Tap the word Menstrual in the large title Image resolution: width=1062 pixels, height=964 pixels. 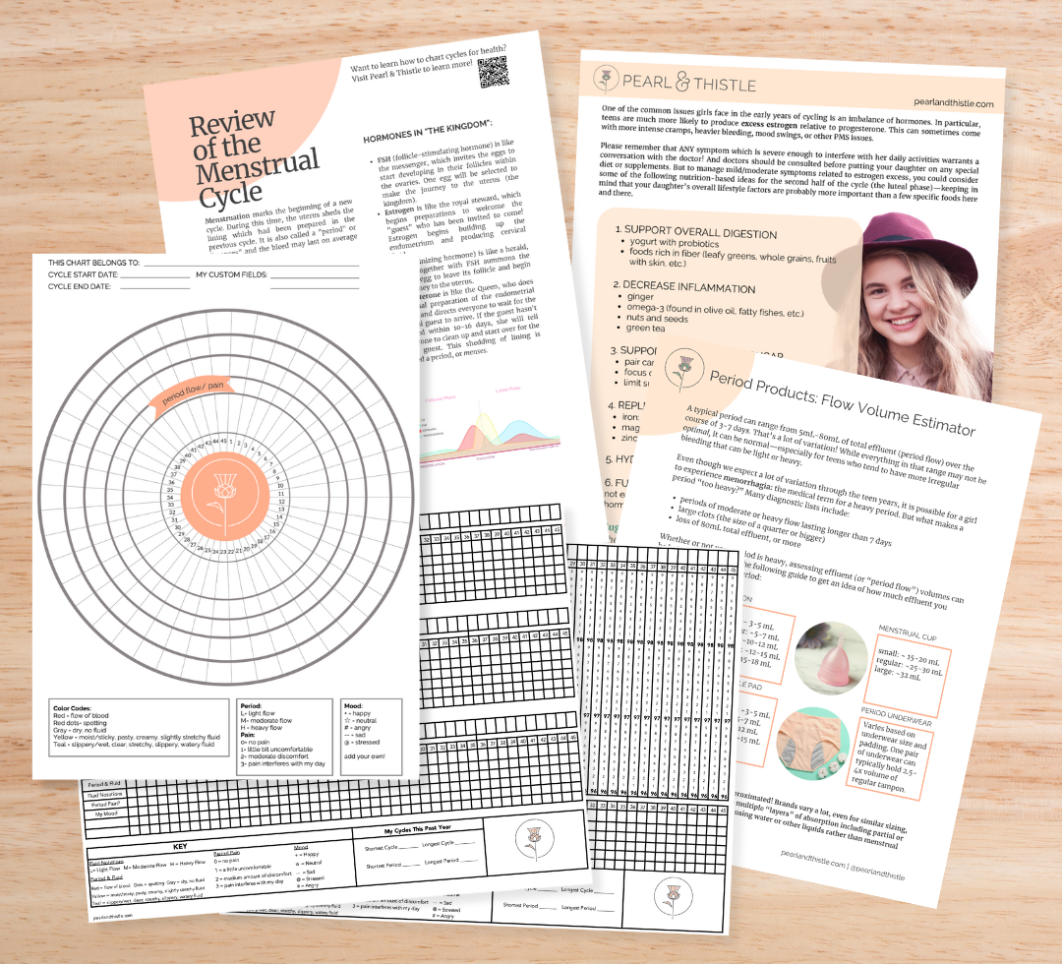(x=257, y=161)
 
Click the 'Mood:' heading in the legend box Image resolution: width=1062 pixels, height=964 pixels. (x=354, y=706)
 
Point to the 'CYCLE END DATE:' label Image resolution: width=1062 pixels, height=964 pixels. (x=82, y=286)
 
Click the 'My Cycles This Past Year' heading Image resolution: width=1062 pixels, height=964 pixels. (x=412, y=832)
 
